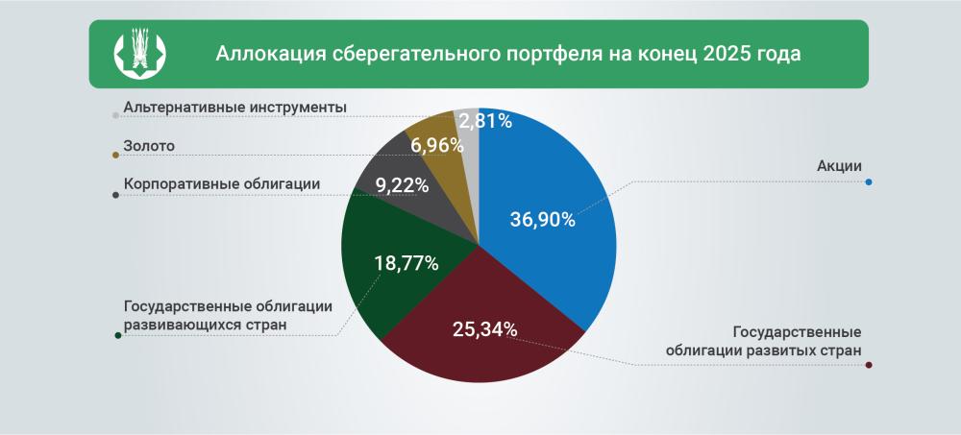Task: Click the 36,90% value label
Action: click(542, 220)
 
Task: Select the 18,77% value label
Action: click(407, 262)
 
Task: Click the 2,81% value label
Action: click(485, 121)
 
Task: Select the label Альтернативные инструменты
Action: click(234, 108)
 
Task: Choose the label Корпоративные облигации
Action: click(222, 183)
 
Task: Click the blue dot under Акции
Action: click(869, 182)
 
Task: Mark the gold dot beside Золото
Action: click(116, 156)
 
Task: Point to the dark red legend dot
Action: click(869, 365)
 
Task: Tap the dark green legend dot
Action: click(116, 335)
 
